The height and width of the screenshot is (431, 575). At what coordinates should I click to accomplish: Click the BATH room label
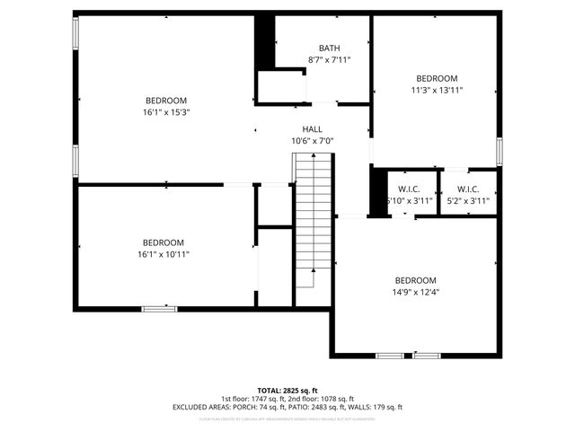coord(329,48)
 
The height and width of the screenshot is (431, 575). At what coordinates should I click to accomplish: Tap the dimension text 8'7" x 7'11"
coord(329,60)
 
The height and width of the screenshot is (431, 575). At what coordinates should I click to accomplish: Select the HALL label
coord(312,129)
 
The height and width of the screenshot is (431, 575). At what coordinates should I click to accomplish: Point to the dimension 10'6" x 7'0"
coord(312,141)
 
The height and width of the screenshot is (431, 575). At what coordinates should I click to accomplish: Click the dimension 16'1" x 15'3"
coord(166,112)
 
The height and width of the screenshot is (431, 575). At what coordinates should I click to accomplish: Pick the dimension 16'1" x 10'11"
coord(163,254)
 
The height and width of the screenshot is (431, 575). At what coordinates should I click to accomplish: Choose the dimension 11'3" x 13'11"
coord(437,90)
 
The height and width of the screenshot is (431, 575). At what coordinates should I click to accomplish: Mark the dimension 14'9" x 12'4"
coord(416,292)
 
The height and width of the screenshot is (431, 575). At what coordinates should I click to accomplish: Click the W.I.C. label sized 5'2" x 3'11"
coord(468,189)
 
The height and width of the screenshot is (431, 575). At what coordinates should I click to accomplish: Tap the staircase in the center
coord(314,220)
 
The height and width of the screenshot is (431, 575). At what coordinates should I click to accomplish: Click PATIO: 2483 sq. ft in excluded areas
coord(318,408)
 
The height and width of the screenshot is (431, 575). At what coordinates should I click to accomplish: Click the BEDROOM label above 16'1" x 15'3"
coord(166,100)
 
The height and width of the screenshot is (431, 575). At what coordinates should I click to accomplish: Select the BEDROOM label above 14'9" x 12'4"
coord(416,280)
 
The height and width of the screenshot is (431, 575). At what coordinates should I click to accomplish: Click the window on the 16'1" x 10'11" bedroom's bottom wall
coord(159,309)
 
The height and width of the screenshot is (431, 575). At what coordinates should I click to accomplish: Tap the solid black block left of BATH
coord(264,41)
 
